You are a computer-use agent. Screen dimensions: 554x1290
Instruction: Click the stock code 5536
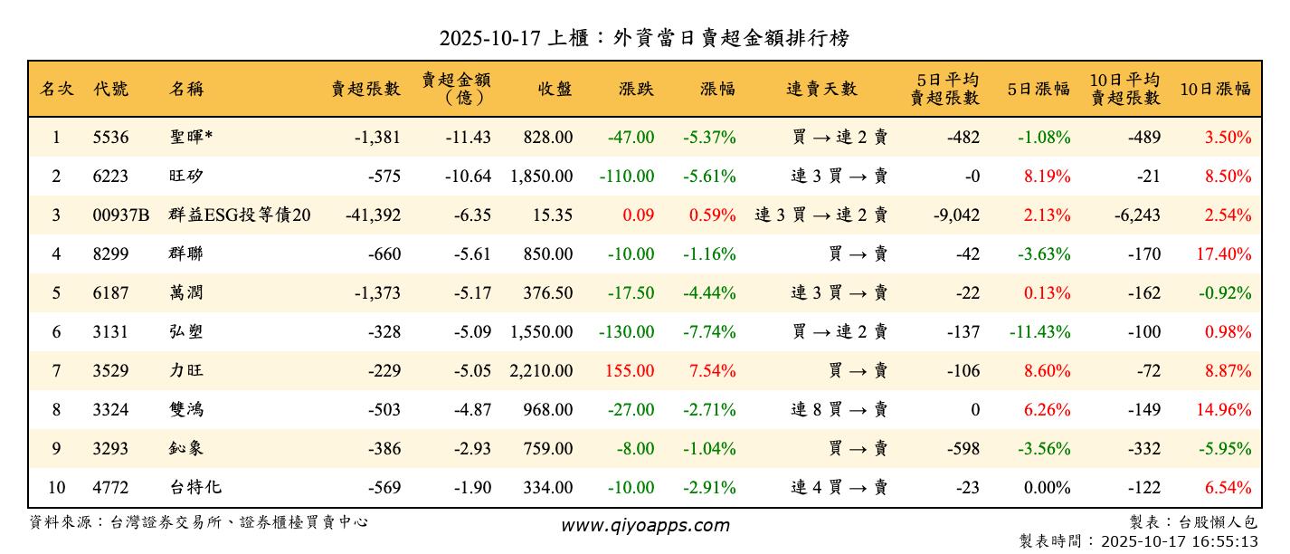pos(110,138)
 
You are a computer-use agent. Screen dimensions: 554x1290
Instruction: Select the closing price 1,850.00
pos(541,177)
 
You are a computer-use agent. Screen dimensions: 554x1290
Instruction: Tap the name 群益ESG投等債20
pos(240,215)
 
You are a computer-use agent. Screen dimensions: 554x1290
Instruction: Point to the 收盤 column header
pos(555,89)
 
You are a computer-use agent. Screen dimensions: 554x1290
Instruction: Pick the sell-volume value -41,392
pos(373,215)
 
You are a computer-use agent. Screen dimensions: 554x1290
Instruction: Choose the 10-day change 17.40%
pos(1224,254)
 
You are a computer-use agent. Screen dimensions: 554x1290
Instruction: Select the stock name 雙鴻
pos(186,410)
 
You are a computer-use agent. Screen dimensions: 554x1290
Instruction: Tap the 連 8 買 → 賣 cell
pos(839,410)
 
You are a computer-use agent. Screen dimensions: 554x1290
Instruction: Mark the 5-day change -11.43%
pos(1040,332)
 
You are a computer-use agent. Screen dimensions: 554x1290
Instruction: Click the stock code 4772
pos(110,488)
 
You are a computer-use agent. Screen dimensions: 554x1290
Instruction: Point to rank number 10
pos(56,488)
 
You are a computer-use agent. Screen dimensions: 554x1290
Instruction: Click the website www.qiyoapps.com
pos(645,525)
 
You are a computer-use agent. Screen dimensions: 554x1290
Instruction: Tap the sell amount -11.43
pos(468,138)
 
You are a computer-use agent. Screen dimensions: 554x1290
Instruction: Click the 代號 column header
pos(110,89)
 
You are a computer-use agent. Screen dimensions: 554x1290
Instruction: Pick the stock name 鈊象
pos(186,449)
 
